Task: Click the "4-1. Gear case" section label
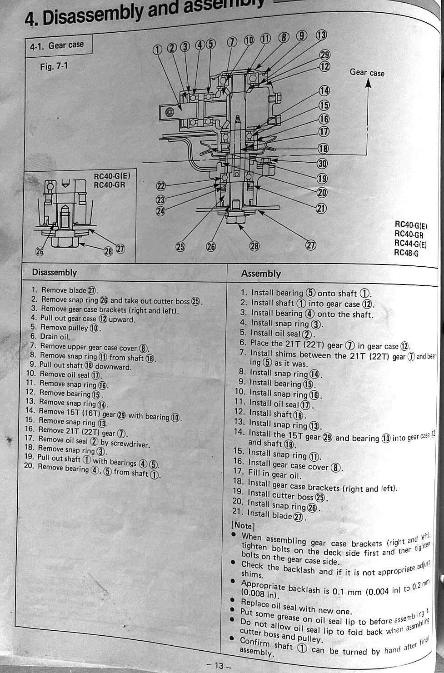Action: (x=57, y=45)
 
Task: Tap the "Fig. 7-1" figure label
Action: (x=54, y=66)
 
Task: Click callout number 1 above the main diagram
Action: (x=157, y=50)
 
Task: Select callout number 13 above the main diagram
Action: (x=321, y=35)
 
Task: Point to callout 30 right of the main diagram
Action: (x=322, y=164)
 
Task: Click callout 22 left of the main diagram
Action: (x=161, y=186)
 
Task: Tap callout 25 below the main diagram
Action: (x=180, y=247)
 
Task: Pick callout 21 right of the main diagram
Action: (x=321, y=208)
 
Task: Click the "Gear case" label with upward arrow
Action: (x=367, y=73)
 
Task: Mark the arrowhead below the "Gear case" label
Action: (x=368, y=83)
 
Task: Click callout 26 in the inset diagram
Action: (x=40, y=251)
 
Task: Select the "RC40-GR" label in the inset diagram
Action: (x=110, y=185)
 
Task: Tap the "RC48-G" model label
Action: (x=406, y=253)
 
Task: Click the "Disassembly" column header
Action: (x=55, y=272)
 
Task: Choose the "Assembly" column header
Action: (x=261, y=274)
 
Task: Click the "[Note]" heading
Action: (x=243, y=526)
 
